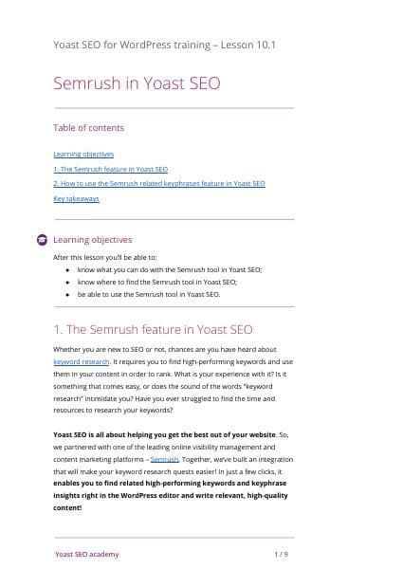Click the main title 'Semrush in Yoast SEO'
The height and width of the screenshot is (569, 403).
coord(137,83)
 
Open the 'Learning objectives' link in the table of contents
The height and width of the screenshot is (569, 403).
coord(83,154)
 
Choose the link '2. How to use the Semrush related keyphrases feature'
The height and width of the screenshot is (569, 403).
coord(158,183)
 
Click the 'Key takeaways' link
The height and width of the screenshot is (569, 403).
coord(76,198)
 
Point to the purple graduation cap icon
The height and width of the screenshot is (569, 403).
coord(42,240)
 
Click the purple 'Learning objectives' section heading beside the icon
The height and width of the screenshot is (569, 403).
coord(93,240)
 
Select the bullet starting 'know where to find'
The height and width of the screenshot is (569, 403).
coord(156,282)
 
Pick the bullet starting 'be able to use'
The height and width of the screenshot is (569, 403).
coord(148,294)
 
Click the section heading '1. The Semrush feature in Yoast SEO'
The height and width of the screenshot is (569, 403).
coord(153,330)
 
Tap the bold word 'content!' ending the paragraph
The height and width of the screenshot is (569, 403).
coord(68,506)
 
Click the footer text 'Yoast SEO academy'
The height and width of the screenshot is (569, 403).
coord(86,553)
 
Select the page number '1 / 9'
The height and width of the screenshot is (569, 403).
coord(281,553)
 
